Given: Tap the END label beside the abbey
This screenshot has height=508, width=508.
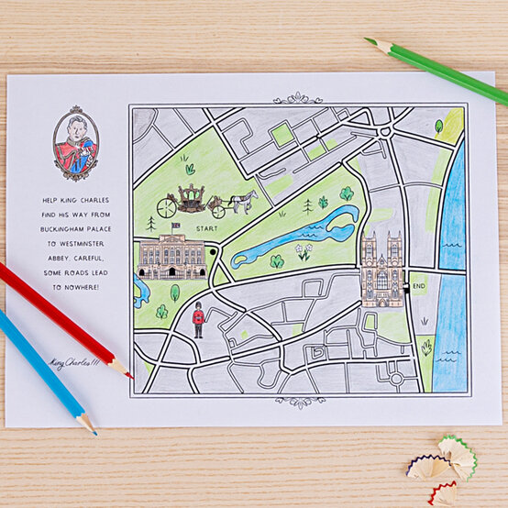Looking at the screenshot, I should click(420, 287).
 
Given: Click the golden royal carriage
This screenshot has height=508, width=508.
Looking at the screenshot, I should click(190, 199).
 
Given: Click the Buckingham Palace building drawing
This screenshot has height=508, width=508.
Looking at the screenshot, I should click(171, 257).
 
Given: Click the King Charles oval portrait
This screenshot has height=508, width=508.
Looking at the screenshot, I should click(75, 145).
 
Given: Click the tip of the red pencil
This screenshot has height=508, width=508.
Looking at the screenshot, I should click(128, 374).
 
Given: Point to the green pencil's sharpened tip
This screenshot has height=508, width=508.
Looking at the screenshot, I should click(368, 40).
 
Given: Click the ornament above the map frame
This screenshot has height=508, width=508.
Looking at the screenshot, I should click(298, 97).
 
